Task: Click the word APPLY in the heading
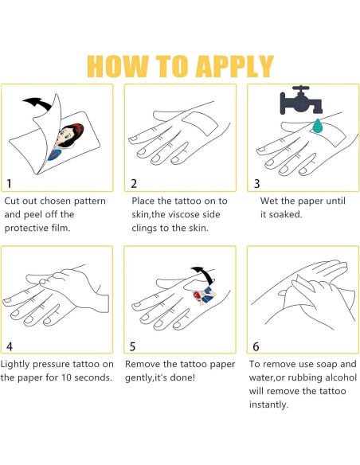(234, 66)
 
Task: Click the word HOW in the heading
(118, 66)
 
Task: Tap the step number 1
(10, 184)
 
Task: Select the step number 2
(134, 184)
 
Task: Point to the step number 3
(256, 184)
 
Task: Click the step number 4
(10, 346)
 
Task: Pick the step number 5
(132, 346)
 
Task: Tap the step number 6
(256, 346)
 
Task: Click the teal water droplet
(318, 127)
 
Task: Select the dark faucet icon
(300, 100)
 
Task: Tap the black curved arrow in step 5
(203, 275)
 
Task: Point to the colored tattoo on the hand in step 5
(204, 295)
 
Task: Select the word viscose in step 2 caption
(188, 214)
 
